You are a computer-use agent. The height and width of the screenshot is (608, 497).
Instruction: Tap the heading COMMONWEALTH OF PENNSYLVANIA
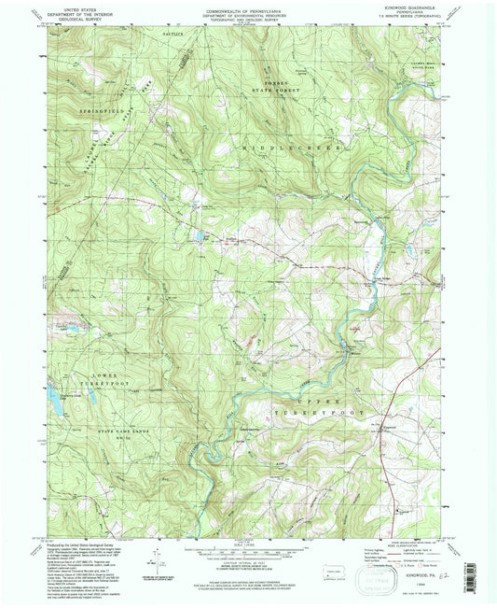[246, 7]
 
